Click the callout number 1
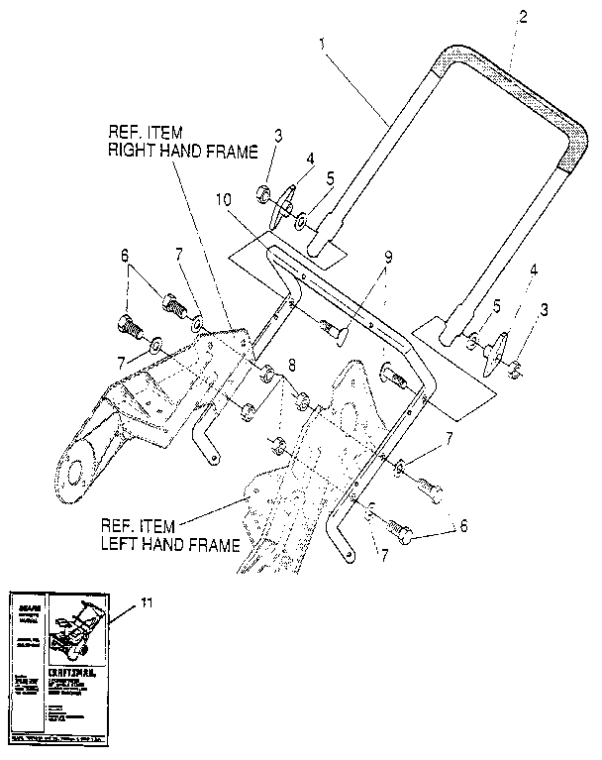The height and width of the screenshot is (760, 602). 322,44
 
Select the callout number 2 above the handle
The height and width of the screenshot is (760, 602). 523,17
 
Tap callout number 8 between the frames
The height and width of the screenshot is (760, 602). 291,366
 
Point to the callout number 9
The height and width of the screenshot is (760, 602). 388,257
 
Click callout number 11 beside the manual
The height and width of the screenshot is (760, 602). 147,600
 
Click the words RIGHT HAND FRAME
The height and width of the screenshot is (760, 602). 181,151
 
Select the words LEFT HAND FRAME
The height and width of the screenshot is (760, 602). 172,545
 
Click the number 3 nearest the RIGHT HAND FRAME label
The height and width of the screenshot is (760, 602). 278,137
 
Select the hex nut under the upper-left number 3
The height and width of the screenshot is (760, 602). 266,191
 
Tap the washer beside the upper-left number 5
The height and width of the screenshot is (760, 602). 300,213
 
